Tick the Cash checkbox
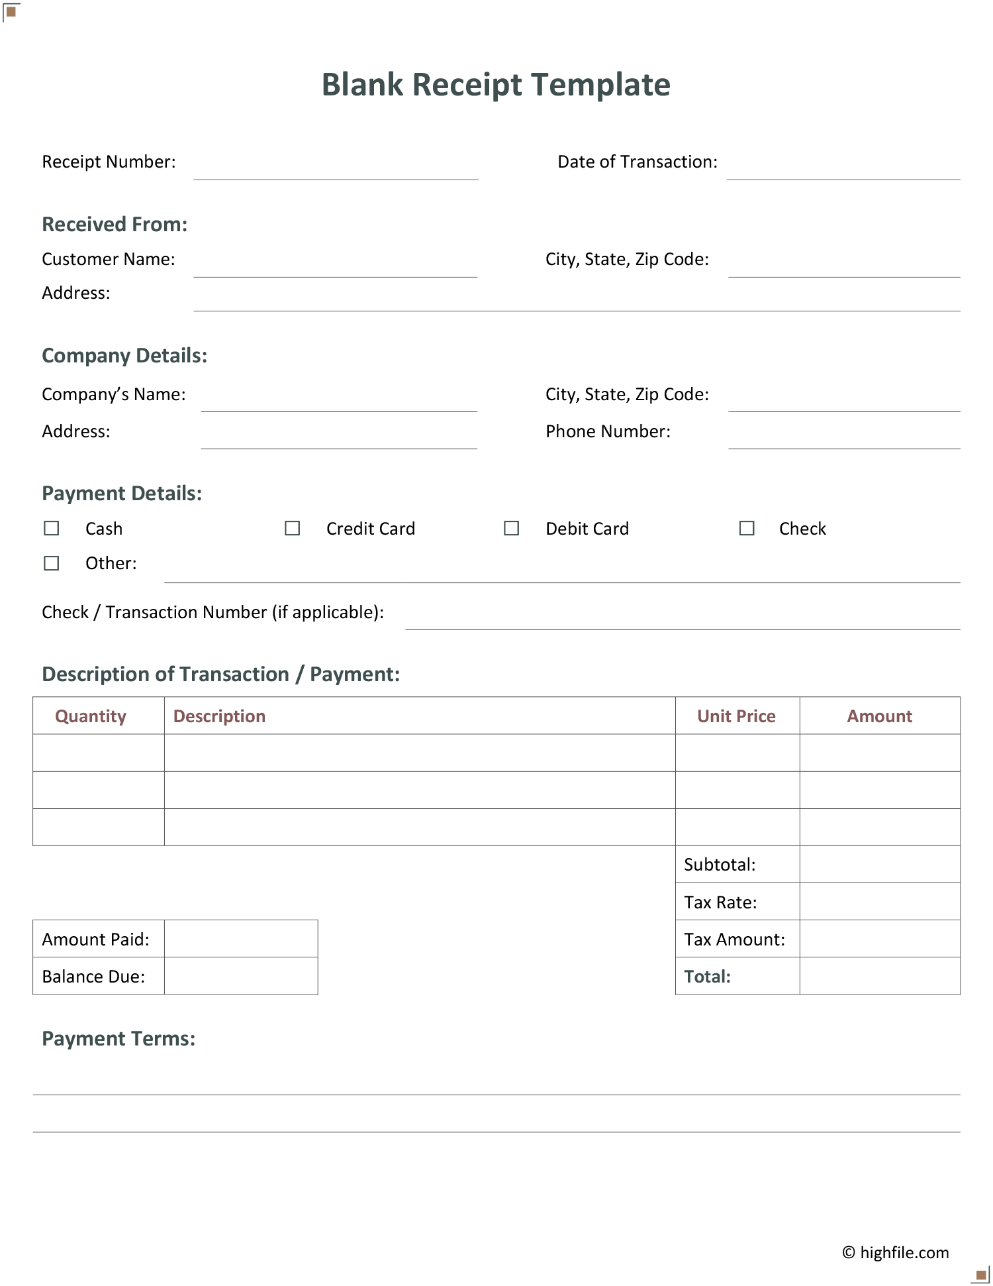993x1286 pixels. point(52,528)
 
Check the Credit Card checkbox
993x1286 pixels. point(293,528)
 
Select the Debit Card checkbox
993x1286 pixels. point(512,528)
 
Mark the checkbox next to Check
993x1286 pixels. point(747,528)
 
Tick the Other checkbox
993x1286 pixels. point(52,563)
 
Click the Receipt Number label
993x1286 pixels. point(109,162)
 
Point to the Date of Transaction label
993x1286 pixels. point(637,162)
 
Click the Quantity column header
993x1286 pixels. point(91,716)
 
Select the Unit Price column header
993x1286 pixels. point(736,716)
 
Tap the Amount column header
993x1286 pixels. point(879,716)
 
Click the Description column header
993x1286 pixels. point(219,716)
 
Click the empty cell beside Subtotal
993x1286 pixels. point(879,865)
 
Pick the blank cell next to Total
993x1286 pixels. point(879,976)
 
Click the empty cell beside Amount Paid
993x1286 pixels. point(241,939)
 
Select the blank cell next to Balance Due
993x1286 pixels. point(241,976)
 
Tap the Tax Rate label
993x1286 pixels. point(720,902)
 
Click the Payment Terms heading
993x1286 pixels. point(118,1038)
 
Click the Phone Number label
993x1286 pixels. point(608,431)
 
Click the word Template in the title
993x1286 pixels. point(600,85)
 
